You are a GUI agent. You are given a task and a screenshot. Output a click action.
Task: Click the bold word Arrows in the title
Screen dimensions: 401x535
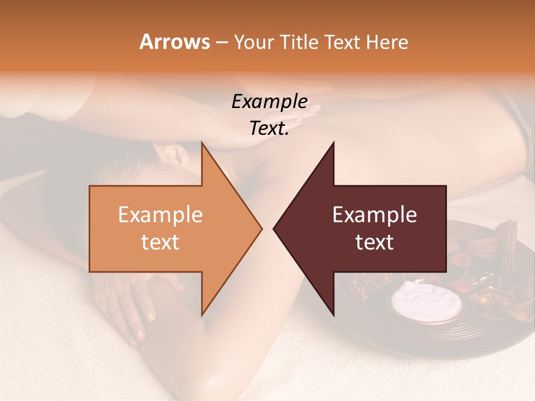tap(174, 42)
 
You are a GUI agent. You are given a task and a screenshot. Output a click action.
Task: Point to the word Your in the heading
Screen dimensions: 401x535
tap(251, 42)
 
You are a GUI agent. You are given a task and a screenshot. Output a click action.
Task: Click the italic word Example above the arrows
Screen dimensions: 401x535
tap(269, 102)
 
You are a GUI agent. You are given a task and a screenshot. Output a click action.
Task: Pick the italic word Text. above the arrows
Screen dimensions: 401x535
tap(269, 129)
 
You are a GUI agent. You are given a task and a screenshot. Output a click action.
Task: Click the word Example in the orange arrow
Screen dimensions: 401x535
tap(160, 215)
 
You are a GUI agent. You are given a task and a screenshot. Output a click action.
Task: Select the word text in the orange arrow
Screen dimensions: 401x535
tap(160, 242)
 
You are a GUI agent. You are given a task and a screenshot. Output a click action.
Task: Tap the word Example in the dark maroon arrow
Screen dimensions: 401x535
tap(374, 215)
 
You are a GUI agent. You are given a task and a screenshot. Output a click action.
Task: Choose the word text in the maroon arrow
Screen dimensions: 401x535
tap(374, 242)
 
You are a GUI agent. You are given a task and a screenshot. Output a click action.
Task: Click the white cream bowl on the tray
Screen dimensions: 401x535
tap(426, 301)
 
